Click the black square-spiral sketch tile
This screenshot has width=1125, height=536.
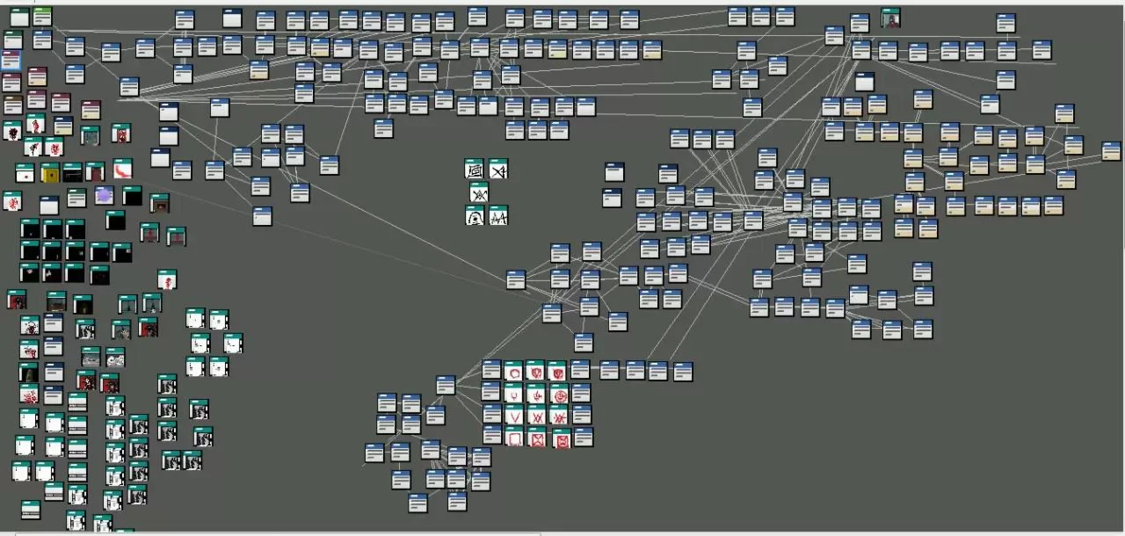click(x=475, y=169)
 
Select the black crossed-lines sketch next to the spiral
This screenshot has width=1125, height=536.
click(x=498, y=169)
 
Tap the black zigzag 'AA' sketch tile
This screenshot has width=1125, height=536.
click(x=498, y=214)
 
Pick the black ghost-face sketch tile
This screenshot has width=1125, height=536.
click(x=475, y=214)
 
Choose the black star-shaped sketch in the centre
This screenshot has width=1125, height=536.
click(x=479, y=192)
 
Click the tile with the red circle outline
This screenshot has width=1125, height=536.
click(x=514, y=371)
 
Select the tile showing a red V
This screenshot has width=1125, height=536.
click(x=514, y=415)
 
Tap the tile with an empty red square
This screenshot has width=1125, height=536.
click(x=514, y=437)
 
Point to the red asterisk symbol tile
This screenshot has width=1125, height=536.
click(x=536, y=415)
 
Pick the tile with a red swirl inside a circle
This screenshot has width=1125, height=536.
click(x=558, y=394)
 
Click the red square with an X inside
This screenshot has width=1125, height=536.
click(x=536, y=437)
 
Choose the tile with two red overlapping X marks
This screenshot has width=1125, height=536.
click(x=558, y=415)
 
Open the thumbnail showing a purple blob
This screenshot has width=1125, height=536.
click(x=104, y=195)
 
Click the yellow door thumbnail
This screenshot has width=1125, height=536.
click(x=50, y=173)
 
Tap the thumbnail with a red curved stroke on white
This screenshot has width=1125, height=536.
click(x=122, y=168)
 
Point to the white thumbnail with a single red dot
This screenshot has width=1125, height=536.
click(x=25, y=173)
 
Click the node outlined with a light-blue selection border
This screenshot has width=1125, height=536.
click(x=11, y=60)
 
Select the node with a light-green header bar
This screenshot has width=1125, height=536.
click(x=42, y=16)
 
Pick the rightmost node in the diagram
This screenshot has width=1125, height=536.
click(x=1112, y=151)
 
